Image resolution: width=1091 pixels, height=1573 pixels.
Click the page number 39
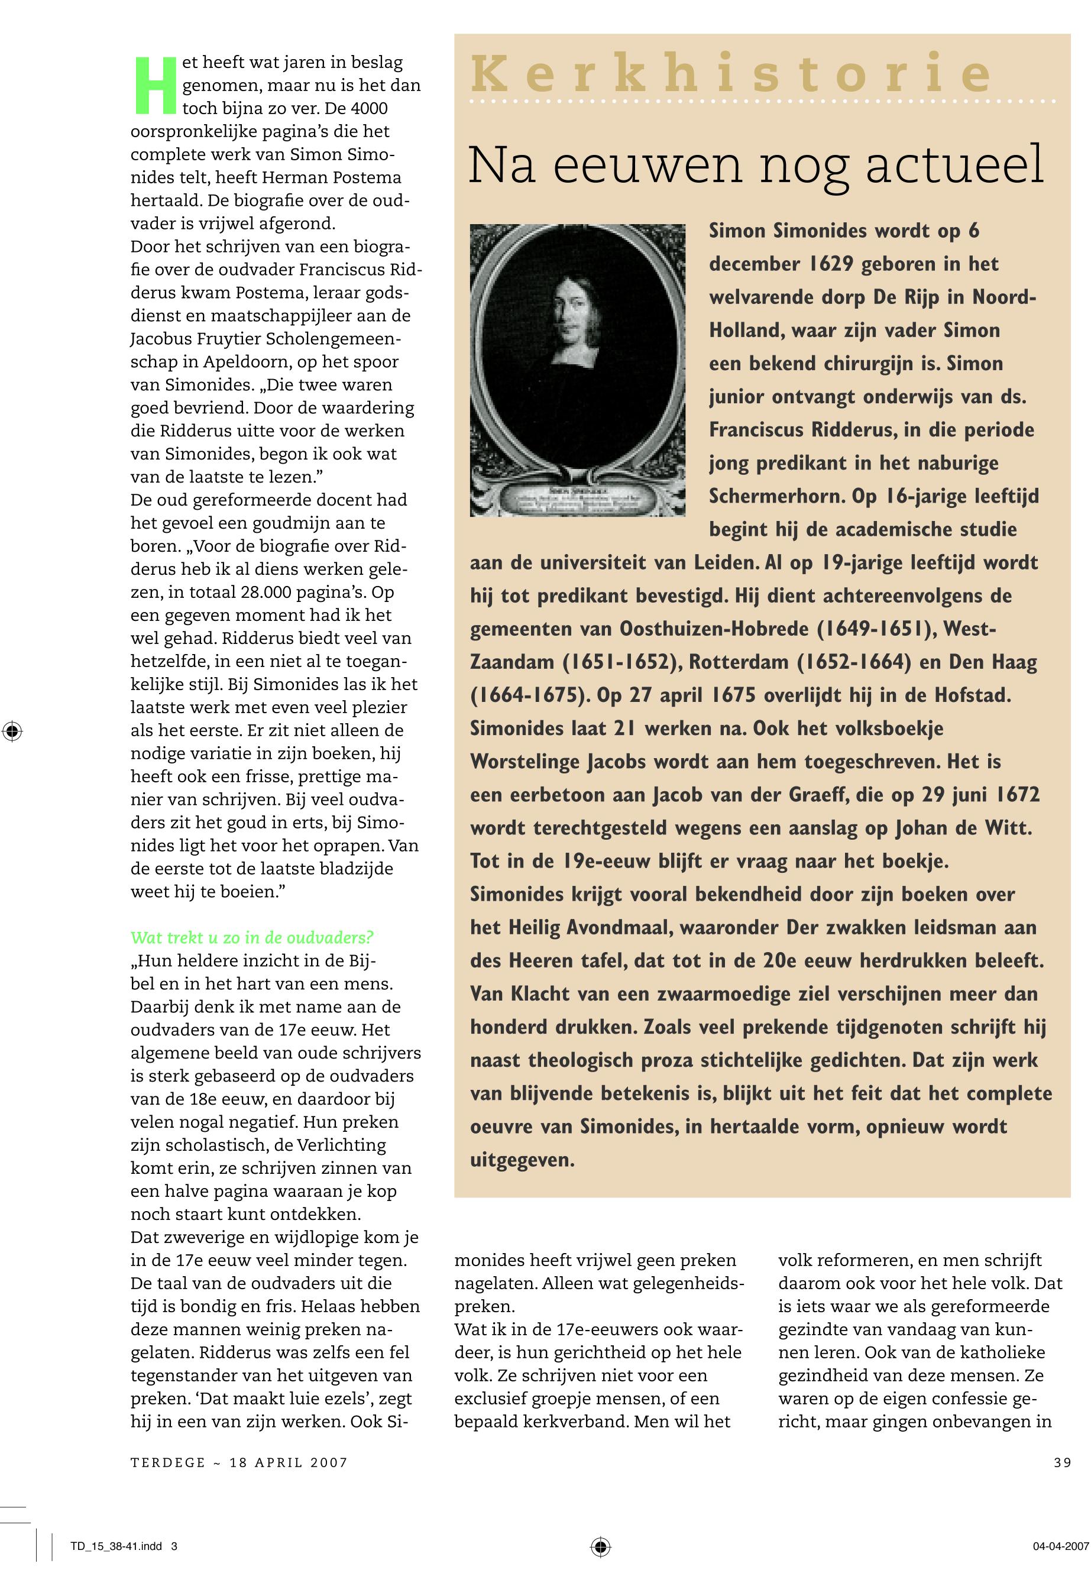(x=1062, y=1462)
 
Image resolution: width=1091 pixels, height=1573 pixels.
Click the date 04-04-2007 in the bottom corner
(x=1060, y=1546)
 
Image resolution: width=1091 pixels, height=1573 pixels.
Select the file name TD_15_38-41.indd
(x=116, y=1546)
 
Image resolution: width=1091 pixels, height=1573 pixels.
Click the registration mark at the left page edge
(x=12, y=732)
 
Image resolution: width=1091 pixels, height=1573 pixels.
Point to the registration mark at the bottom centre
(x=600, y=1546)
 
